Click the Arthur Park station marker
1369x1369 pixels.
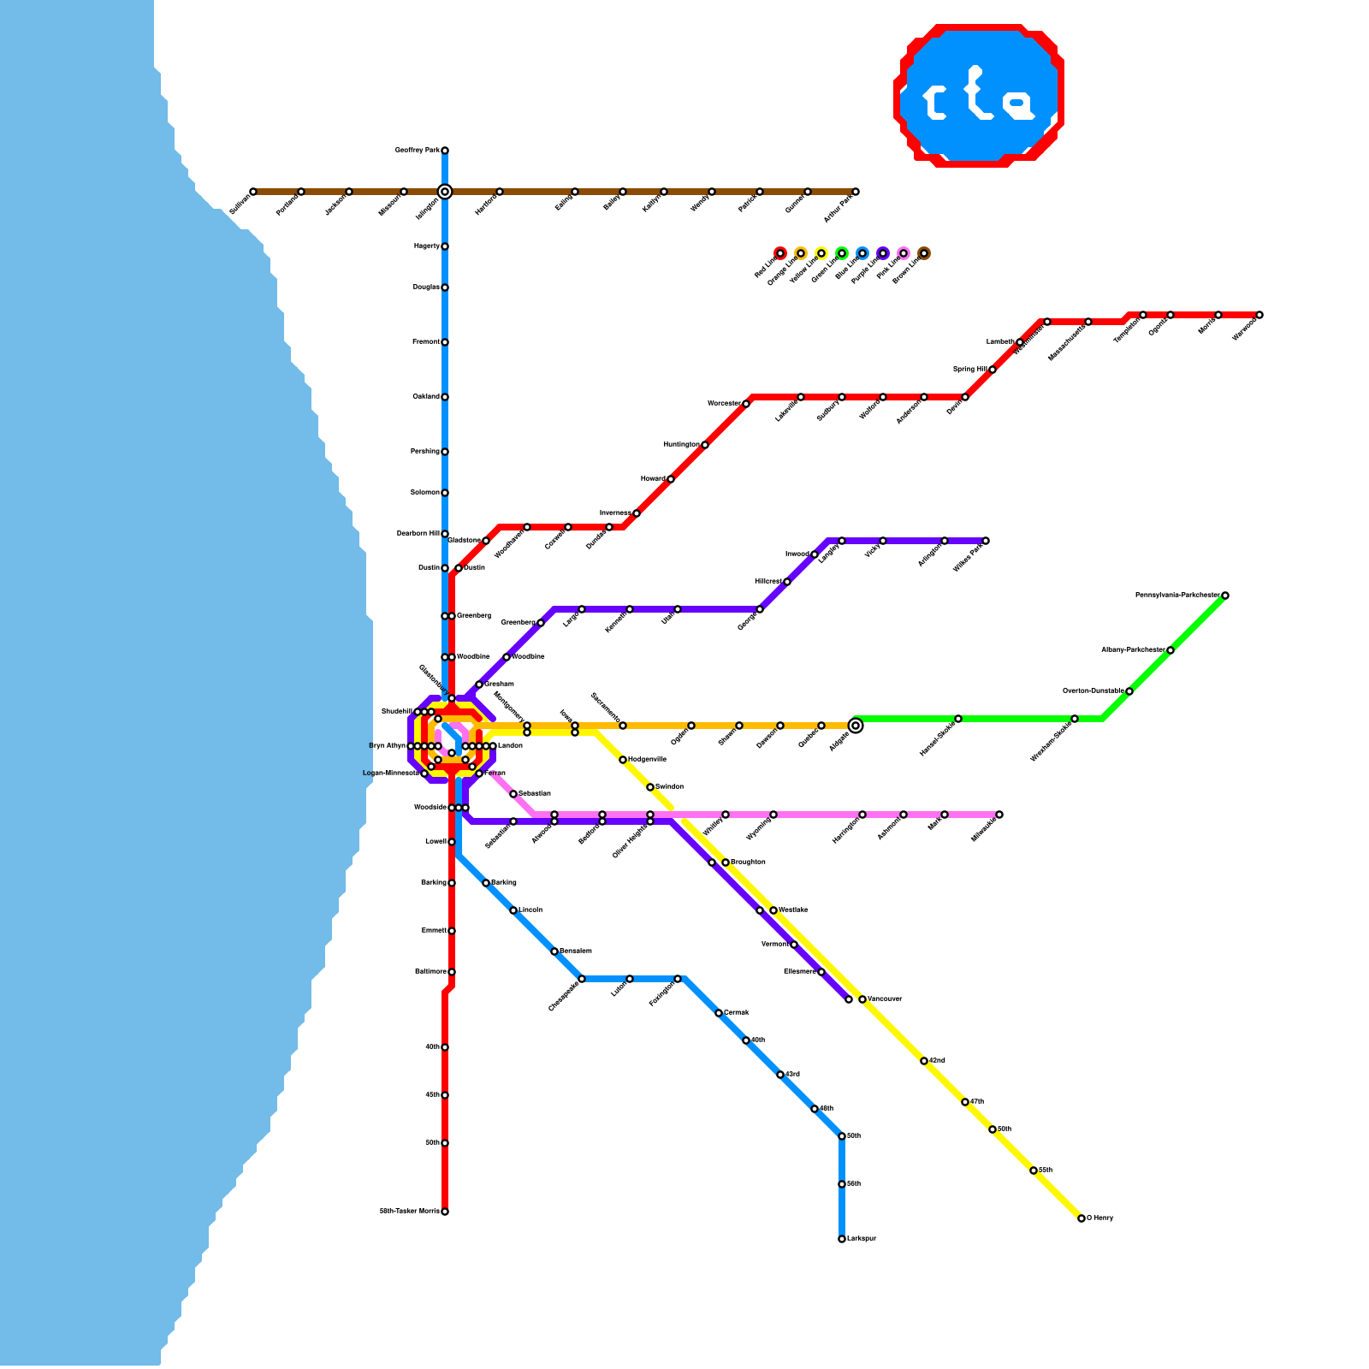[856, 192]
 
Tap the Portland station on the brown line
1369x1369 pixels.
[301, 192]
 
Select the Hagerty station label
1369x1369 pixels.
[426, 246]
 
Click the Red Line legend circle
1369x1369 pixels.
[780, 253]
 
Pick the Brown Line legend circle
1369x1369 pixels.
[924, 253]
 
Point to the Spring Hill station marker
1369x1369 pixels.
[993, 370]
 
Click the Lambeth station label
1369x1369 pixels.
[999, 342]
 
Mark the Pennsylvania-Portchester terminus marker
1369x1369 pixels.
[1225, 596]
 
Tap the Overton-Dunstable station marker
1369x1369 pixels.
[1129, 691]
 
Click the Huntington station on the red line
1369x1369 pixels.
[705, 445]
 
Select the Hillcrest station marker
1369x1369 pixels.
[787, 582]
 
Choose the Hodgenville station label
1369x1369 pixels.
[647, 760]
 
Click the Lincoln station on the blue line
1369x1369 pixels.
[513, 910]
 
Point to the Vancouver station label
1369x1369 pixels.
[885, 999]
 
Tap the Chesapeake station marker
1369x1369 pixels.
[582, 979]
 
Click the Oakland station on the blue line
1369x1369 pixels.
[445, 397]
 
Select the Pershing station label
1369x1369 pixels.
[424, 452]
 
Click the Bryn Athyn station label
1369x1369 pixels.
[387, 746]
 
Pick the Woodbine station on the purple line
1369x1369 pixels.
[507, 657]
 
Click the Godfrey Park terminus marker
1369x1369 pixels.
[445, 151]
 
